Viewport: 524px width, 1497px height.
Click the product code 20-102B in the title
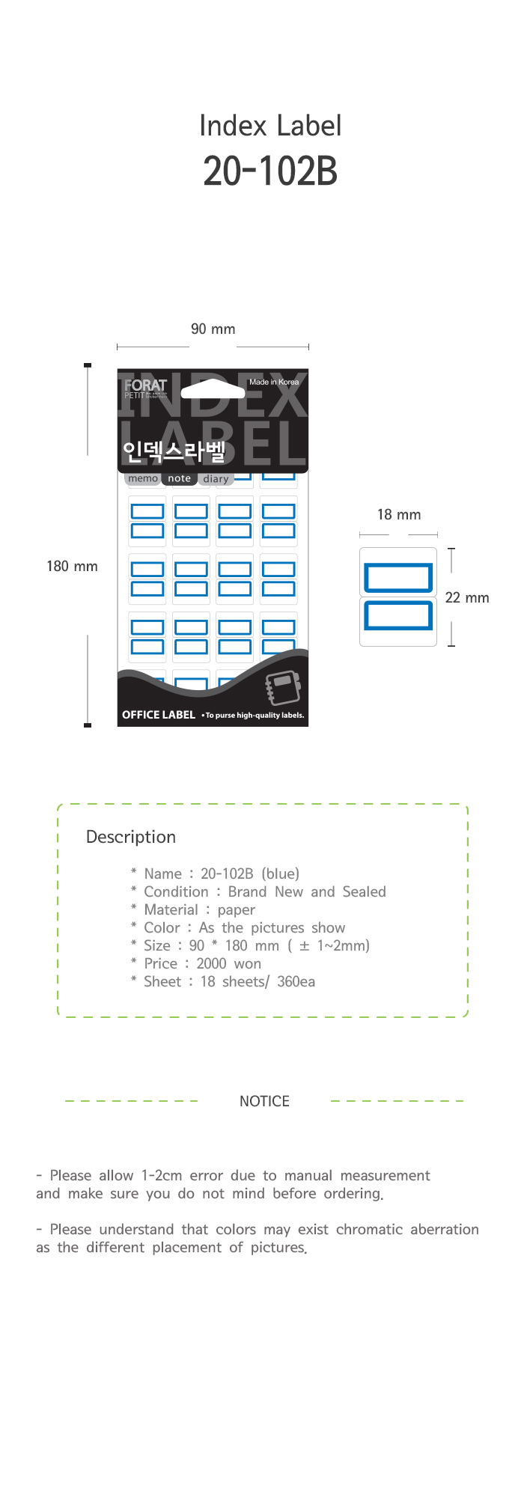(x=270, y=171)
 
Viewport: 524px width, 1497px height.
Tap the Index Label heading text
(x=270, y=126)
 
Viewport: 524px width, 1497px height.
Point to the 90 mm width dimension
(x=213, y=329)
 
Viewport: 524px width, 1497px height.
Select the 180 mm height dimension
(x=72, y=567)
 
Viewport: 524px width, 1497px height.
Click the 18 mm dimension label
(x=399, y=515)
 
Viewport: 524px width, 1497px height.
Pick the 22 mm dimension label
(x=467, y=598)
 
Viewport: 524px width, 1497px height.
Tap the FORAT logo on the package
(x=145, y=385)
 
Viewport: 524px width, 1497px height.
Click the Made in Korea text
(x=274, y=382)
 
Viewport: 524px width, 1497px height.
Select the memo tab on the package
(x=143, y=478)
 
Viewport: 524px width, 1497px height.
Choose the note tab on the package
(x=180, y=478)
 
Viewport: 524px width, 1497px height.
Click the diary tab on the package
(x=216, y=479)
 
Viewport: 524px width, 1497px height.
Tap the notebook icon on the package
(x=283, y=688)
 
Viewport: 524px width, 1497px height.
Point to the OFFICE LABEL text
(x=159, y=715)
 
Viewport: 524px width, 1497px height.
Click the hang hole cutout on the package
(x=213, y=388)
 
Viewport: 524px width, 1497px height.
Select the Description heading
(x=131, y=837)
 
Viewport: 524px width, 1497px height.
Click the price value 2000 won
(x=228, y=964)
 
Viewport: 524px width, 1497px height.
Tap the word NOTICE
(x=264, y=1101)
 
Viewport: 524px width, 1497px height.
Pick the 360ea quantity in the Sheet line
(x=296, y=982)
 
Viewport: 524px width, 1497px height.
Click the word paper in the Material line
(x=237, y=910)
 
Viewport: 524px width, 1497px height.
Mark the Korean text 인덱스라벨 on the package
(x=174, y=451)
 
